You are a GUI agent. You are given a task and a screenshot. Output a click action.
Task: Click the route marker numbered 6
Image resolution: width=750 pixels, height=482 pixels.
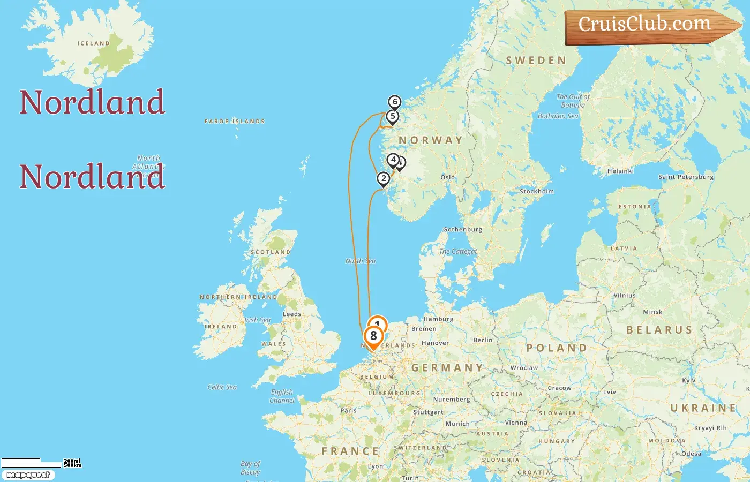395,102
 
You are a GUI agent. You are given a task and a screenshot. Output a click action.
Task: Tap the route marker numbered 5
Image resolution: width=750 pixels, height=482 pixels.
393,116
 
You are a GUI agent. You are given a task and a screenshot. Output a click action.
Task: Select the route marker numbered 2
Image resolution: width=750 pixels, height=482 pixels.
383,178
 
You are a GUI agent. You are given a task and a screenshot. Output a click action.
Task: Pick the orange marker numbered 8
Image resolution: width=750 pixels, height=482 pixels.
373,336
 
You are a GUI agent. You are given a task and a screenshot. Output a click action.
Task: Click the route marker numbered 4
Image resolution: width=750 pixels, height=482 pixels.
393,160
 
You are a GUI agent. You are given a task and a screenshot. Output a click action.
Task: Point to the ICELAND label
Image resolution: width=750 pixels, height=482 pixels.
93,43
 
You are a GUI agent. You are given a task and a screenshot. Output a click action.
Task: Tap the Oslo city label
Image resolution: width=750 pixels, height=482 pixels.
448,177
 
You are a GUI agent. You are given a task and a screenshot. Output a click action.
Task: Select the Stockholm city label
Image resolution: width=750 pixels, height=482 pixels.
537,191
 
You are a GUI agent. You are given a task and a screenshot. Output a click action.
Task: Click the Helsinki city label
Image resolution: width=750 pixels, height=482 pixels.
620,171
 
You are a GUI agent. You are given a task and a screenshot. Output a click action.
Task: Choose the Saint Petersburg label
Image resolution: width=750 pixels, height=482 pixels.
686,177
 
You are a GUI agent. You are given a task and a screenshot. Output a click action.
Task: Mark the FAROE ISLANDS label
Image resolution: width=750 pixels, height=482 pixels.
235,122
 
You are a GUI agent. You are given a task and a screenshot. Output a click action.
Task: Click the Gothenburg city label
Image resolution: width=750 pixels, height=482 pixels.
462,229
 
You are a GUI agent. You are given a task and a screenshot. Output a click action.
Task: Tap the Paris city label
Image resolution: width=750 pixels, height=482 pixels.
348,411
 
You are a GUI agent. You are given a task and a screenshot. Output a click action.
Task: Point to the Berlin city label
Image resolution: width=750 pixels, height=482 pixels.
483,340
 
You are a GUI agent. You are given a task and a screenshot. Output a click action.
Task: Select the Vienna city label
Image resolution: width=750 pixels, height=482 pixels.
516,423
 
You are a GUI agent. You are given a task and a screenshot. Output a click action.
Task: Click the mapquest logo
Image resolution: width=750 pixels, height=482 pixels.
28,475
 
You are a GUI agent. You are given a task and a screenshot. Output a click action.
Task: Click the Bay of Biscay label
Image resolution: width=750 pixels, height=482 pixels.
250,468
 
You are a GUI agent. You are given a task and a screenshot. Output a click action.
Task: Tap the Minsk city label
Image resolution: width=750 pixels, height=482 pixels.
652,312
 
